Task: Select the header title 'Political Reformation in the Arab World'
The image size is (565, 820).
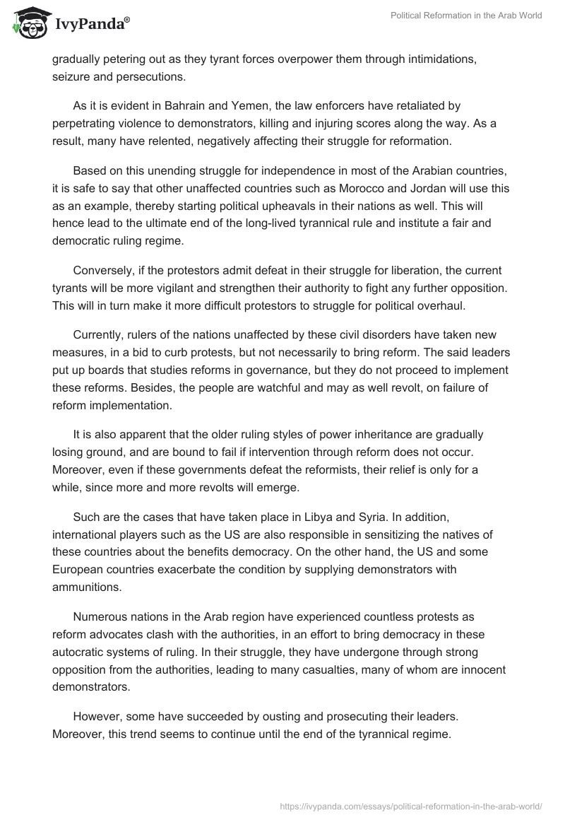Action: point(466,16)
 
